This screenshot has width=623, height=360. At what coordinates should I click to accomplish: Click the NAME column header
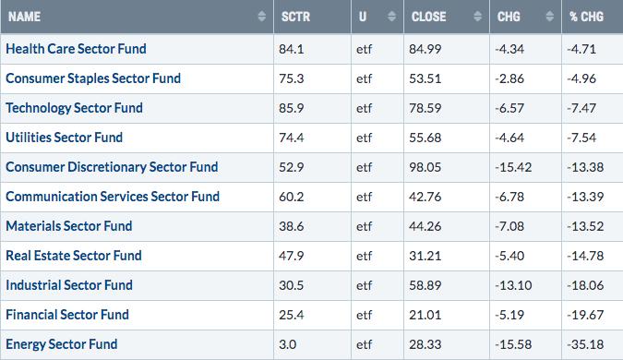(24, 17)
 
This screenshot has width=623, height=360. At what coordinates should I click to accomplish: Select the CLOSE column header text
(428, 17)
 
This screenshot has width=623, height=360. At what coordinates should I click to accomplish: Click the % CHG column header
(586, 17)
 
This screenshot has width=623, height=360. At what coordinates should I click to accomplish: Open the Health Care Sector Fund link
(76, 49)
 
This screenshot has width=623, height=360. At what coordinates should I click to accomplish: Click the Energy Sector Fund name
(62, 344)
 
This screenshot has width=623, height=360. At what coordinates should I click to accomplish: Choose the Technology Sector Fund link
(75, 108)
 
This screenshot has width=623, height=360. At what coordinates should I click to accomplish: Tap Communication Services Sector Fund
(113, 197)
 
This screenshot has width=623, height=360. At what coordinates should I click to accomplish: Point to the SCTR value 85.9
(292, 108)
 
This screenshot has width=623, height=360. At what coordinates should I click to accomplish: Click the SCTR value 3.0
(287, 344)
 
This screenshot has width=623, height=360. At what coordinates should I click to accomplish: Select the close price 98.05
(425, 167)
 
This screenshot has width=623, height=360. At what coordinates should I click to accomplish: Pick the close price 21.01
(425, 315)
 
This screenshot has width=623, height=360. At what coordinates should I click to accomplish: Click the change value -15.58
(513, 344)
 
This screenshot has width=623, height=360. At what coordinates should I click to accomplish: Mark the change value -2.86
(509, 78)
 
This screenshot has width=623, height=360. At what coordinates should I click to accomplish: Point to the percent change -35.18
(585, 344)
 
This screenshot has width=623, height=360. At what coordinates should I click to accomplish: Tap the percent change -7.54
(581, 138)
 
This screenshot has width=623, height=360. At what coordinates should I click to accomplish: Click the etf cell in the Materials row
(364, 226)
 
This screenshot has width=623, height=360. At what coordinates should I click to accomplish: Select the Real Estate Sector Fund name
(74, 256)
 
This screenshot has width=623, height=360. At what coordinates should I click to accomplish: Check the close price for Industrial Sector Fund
(425, 285)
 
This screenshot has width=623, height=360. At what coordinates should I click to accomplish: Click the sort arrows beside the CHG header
(550, 17)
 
